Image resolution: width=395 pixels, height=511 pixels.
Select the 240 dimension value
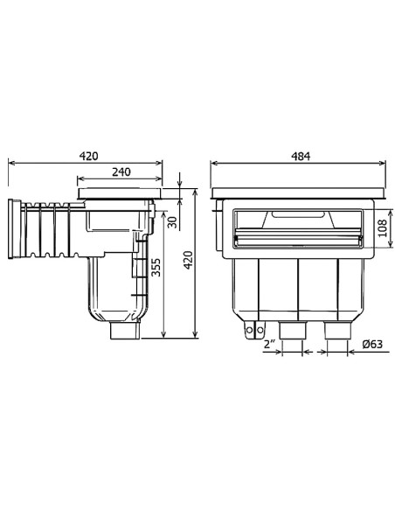click(121, 172)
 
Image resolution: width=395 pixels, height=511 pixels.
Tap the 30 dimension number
click(172, 220)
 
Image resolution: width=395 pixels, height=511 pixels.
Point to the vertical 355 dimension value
click(155, 268)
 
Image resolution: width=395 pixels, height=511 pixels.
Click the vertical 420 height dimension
click(186, 260)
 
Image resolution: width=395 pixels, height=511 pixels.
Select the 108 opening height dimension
click(381, 229)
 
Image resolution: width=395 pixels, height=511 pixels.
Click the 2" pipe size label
click(269, 343)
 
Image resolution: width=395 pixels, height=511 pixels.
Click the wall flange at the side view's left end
click(15, 229)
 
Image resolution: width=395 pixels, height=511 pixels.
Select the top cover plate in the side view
click(120, 190)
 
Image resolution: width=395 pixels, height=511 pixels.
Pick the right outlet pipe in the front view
click(335, 331)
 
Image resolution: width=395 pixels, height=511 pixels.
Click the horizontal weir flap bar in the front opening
click(298, 234)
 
